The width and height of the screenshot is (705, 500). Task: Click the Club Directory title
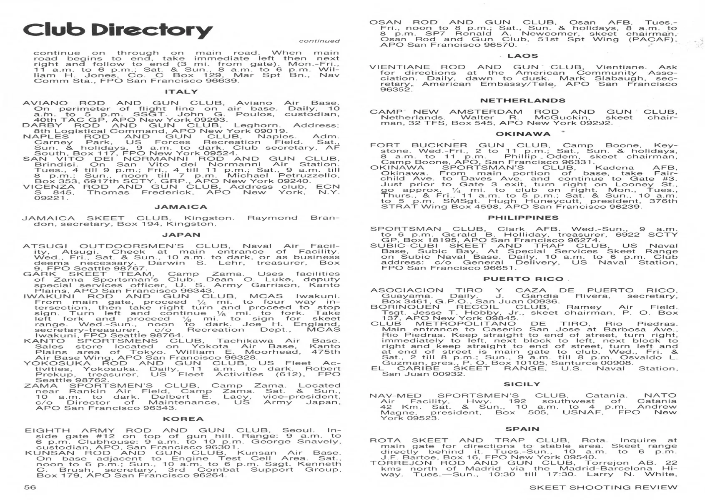118,30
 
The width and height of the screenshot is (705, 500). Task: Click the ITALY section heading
181,92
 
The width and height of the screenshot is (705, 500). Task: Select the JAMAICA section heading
181,207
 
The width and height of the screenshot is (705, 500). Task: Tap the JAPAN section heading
181,235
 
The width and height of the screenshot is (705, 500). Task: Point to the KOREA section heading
183,419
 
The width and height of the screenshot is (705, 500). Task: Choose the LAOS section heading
523,56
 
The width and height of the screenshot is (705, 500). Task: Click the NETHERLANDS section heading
523,100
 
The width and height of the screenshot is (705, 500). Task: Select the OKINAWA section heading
523,134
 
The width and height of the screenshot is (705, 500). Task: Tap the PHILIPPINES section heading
523,218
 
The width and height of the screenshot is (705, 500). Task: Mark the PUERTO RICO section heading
523,279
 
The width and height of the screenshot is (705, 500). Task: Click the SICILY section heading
522,385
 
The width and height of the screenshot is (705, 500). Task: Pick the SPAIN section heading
522,429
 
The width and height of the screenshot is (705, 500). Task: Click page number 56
30,487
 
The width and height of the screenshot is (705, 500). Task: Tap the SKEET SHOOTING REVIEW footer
603,487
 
